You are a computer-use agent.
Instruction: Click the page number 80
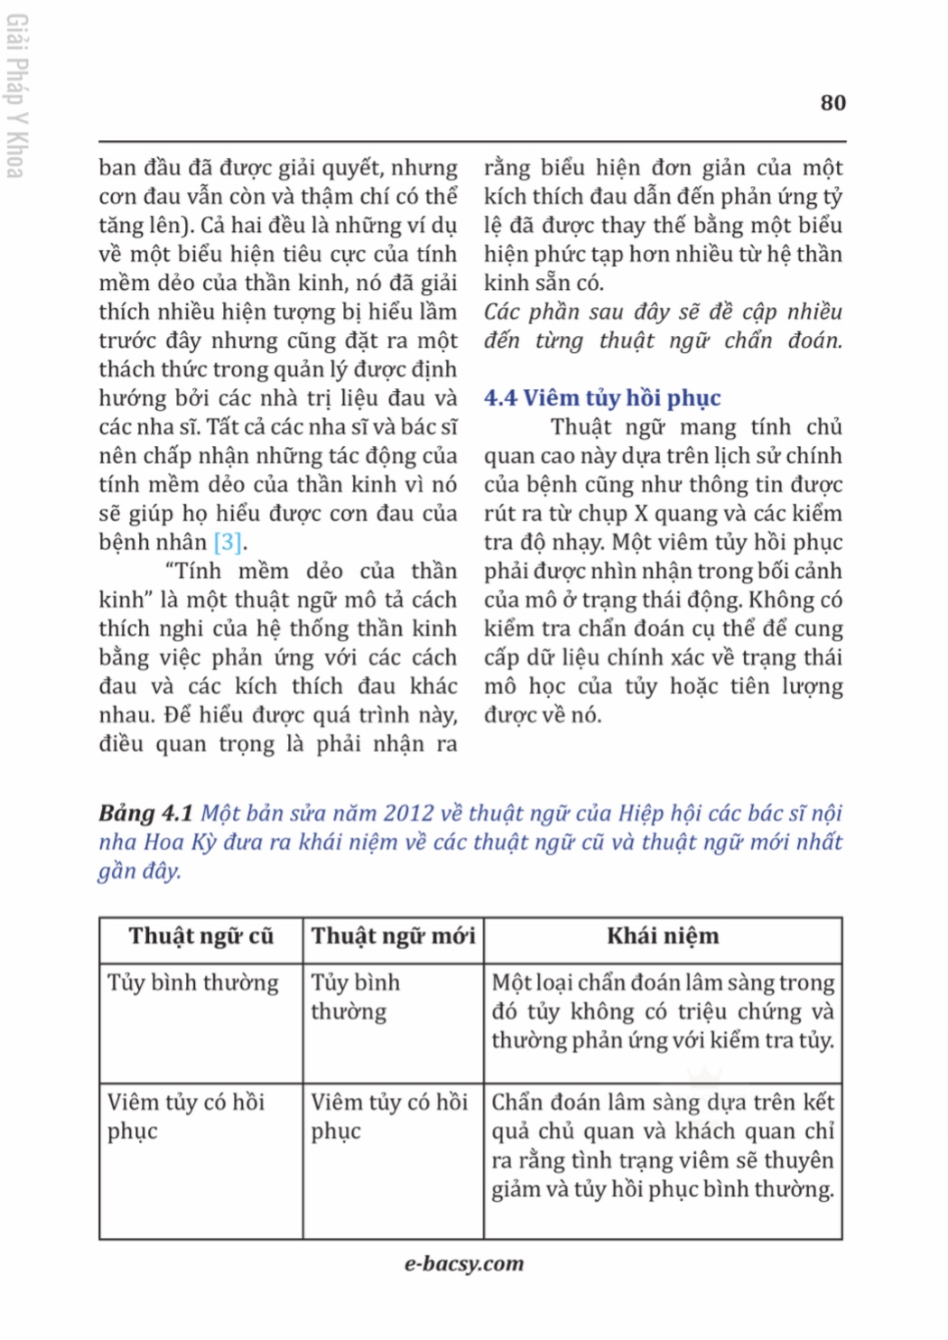[832, 103]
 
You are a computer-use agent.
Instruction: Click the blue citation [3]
[228, 542]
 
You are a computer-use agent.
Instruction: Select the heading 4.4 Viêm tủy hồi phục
[602, 398]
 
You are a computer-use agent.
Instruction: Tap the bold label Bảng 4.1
[145, 814]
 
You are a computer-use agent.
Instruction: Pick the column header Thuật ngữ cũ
[200, 936]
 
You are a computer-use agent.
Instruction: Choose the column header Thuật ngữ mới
[393, 936]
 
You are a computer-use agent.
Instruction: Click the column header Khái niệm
[663, 936]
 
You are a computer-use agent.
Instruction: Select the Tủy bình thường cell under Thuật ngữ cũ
[192, 982]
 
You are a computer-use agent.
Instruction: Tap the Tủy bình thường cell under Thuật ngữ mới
[355, 997]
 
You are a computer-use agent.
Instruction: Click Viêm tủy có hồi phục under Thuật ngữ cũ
[185, 1116]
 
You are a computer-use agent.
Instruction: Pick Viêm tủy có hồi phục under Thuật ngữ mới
[389, 1116]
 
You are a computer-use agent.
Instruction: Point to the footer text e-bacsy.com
[464, 1264]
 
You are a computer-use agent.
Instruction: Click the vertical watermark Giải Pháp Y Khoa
[15, 96]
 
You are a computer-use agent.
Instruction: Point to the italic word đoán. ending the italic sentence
[814, 340]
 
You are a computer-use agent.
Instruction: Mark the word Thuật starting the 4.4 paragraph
[581, 427]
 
